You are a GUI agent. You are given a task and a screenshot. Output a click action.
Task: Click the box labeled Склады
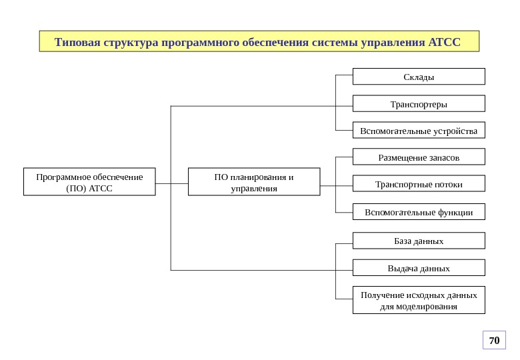click(419, 77)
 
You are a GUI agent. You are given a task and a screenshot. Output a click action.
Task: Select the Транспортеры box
click(419, 104)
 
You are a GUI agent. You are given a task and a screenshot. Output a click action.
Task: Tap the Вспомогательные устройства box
click(419, 131)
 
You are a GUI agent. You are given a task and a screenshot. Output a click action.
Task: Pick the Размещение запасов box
click(419, 157)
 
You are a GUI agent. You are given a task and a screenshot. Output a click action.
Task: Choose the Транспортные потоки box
click(419, 184)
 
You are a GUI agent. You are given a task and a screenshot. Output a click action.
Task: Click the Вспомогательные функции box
click(419, 212)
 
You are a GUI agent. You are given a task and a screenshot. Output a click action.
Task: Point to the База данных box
click(419, 241)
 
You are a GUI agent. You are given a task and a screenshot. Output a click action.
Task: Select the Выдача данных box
click(419, 268)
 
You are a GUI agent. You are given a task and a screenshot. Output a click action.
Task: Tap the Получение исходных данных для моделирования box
click(419, 300)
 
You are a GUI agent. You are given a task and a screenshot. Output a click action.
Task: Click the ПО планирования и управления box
click(254, 182)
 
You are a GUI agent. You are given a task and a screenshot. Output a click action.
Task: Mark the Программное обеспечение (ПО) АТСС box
click(89, 182)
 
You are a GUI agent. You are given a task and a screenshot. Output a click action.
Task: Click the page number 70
click(494, 341)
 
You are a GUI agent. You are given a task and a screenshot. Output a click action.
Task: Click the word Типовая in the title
click(77, 43)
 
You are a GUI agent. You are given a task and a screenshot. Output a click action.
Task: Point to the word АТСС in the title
click(445, 43)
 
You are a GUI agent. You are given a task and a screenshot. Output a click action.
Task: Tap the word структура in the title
click(129, 43)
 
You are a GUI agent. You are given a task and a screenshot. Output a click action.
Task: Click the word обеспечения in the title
click(273, 43)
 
